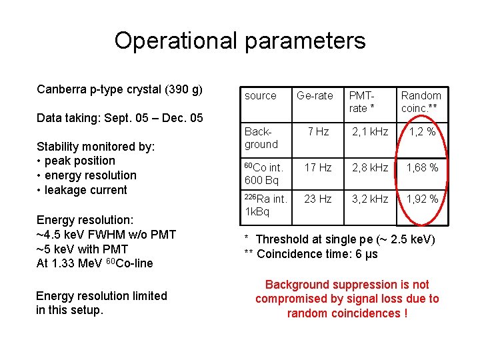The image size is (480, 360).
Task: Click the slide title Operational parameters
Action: click(x=240, y=41)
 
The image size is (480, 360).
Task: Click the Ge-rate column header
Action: click(x=315, y=96)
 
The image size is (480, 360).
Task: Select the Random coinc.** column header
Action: click(x=421, y=102)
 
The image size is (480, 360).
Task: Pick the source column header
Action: click(x=261, y=96)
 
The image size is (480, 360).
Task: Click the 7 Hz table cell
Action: click(x=317, y=132)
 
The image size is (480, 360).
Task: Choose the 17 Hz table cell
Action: click(x=318, y=168)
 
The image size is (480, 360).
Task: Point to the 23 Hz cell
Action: click(x=318, y=199)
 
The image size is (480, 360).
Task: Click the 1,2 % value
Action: click(x=422, y=132)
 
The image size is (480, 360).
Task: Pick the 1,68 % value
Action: click(x=422, y=168)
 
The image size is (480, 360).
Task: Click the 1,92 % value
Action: click(x=422, y=199)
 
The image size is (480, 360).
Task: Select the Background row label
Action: click(x=261, y=138)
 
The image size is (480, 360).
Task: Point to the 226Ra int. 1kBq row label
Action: click(x=265, y=205)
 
